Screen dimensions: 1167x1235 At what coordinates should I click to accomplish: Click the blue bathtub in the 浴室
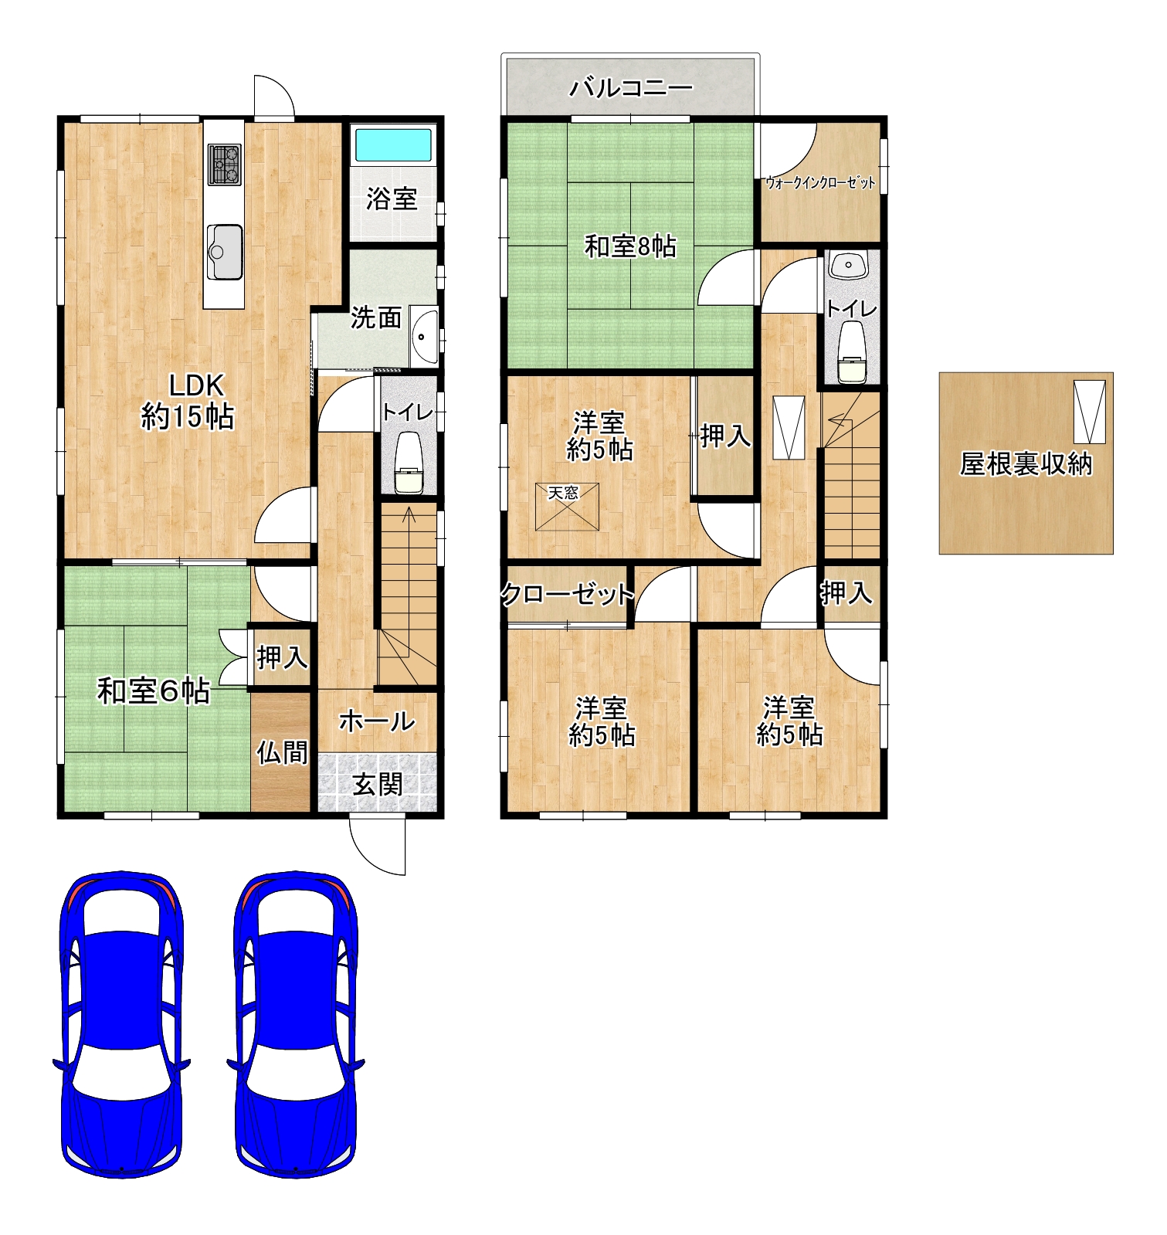393,144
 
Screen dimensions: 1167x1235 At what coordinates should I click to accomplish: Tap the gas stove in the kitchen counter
224,165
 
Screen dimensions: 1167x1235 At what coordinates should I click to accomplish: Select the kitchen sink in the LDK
225,252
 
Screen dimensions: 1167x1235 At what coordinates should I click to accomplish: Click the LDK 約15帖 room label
188,401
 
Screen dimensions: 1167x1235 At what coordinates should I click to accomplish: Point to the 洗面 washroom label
376,317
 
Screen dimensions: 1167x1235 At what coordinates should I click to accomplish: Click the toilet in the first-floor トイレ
409,463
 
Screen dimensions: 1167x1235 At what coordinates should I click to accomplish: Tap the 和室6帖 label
154,691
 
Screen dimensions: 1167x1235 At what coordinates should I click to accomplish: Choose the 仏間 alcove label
282,752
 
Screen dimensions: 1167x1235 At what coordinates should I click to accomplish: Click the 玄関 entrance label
378,785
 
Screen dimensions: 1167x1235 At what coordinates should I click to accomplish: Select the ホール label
377,721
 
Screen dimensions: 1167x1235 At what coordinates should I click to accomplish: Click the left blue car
122,1024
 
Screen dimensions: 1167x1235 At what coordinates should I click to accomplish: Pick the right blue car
296,1024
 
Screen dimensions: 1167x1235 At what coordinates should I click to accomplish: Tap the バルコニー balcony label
631,88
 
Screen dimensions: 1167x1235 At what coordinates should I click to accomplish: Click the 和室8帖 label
630,246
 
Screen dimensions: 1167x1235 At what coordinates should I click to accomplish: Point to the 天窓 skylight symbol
567,507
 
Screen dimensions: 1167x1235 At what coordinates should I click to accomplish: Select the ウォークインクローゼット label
820,183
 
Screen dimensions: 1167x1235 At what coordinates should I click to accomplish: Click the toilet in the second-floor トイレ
852,352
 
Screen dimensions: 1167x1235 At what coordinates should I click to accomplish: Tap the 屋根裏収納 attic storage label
1026,463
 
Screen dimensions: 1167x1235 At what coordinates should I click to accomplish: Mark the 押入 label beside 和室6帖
282,658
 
